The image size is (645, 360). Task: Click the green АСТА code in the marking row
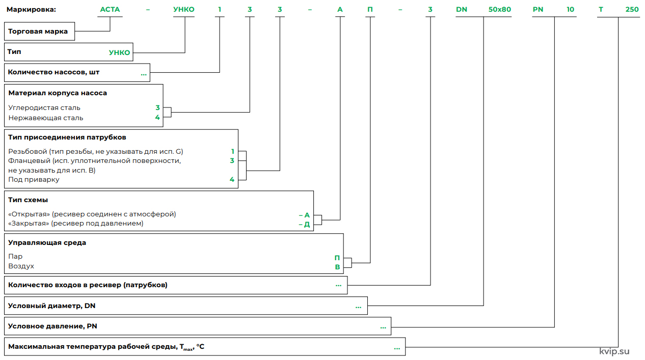pos(110,10)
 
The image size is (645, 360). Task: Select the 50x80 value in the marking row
pos(500,10)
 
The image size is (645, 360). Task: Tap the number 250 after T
pos(632,10)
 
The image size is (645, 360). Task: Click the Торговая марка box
pos(39,31)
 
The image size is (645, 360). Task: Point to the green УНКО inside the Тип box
pos(120,52)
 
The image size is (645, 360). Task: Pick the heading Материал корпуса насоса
pos(58,93)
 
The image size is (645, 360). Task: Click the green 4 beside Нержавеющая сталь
pos(157,118)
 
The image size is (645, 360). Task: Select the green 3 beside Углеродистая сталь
pos(157,107)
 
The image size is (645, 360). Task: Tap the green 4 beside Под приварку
pos(232,180)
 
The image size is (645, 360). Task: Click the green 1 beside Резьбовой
pos(233,151)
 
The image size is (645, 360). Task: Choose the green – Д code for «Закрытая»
pos(304,225)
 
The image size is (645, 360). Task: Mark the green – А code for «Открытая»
pos(304,215)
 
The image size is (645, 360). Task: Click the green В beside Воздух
pos(337,267)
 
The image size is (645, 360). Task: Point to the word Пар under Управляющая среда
pos(15,257)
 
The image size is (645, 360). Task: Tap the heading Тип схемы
pos(28,200)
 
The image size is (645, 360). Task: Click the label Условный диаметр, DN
pos(51,306)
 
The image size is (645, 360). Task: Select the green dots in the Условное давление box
pos(383,328)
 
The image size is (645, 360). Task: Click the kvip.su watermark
pos(614,351)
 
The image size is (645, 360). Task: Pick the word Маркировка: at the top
pos(31,10)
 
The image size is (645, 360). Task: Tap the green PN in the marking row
pos(538,10)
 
